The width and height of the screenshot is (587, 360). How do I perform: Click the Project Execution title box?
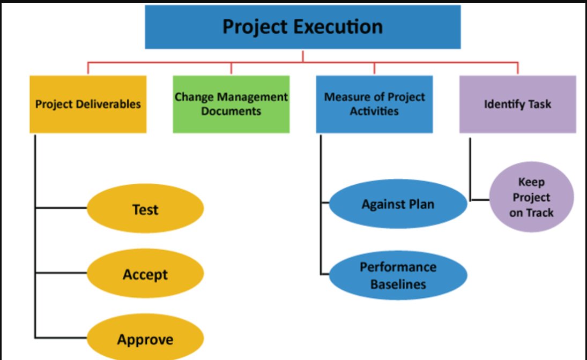[303, 27]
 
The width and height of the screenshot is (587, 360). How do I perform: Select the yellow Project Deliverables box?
[88, 104]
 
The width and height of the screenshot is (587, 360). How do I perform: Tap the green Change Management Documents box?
[231, 104]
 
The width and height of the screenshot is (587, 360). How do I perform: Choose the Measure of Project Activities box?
[374, 104]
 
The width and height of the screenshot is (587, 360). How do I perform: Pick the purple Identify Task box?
[517, 104]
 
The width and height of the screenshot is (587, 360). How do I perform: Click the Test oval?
[145, 209]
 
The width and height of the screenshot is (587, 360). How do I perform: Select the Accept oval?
[145, 274]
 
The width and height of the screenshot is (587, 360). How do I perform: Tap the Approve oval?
[145, 339]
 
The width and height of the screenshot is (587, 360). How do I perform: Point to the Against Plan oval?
[398, 204]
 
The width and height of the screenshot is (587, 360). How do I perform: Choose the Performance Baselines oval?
[398, 275]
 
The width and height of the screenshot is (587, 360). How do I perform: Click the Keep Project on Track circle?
[532, 198]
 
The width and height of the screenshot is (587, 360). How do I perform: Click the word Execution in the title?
[343, 27]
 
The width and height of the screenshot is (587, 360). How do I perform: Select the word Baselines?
[398, 283]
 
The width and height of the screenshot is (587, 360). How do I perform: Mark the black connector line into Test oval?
[61, 208]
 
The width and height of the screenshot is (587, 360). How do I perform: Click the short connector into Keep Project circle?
[480, 200]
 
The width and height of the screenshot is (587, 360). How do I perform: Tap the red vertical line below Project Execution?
[303, 56]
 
